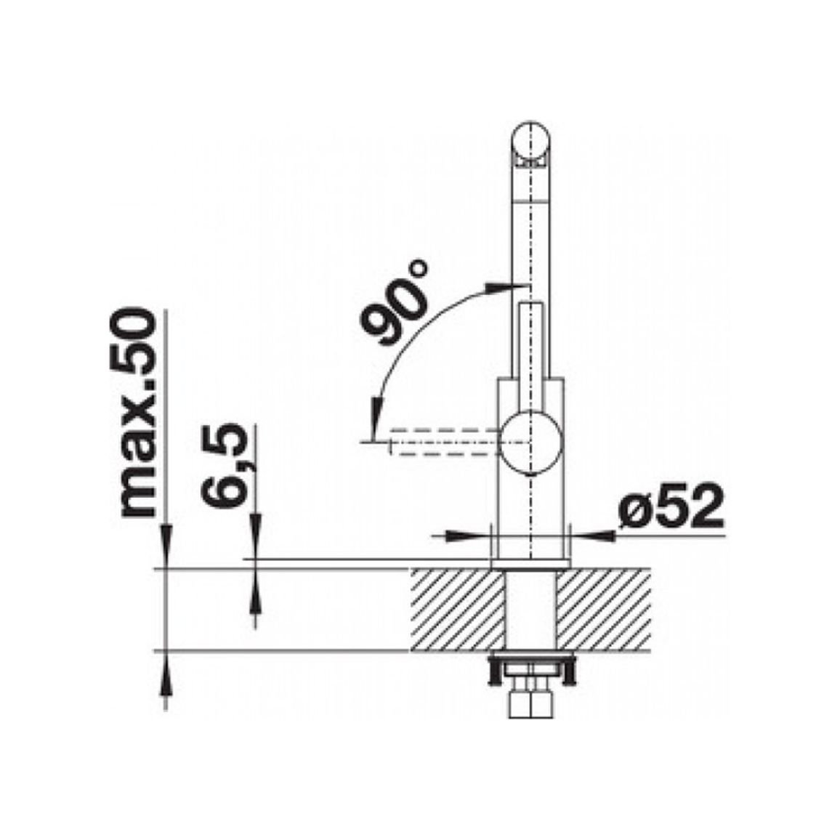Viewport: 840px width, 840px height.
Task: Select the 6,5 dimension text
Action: [x=225, y=464]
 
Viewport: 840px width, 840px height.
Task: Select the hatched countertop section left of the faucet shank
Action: [x=458, y=610]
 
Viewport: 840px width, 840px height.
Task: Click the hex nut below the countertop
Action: [x=530, y=705]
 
